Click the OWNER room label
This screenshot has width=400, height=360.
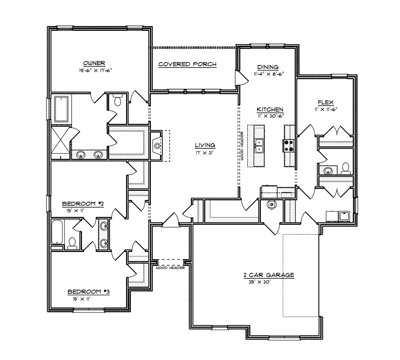tap(94, 63)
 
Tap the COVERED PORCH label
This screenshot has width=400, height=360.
tap(187, 64)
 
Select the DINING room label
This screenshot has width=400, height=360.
tap(268, 67)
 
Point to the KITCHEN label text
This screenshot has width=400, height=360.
tap(270, 109)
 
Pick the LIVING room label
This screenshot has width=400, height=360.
tap(205, 145)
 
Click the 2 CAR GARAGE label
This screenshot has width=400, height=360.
tap(269, 275)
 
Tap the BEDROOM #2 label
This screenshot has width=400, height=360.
tap(83, 204)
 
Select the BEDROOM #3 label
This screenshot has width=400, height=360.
tap(88, 292)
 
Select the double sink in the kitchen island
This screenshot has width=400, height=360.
tap(260, 146)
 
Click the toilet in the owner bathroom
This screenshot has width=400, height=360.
tap(118, 101)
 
